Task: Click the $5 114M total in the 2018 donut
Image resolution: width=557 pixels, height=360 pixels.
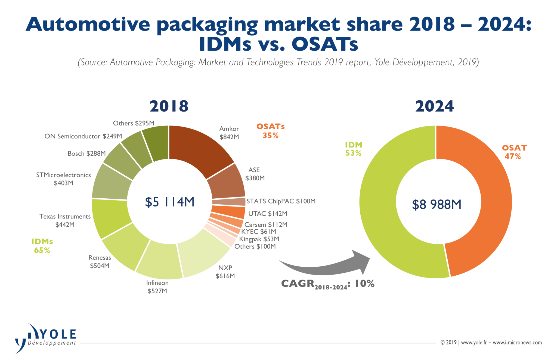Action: tap(169, 202)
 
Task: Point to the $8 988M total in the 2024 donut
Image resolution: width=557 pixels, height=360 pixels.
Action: tap(437, 204)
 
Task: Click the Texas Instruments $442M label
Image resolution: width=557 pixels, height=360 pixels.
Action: tap(65, 220)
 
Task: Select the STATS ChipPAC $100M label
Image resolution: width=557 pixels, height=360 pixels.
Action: tap(281, 201)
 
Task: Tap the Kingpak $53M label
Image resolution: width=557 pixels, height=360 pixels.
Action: tap(259, 239)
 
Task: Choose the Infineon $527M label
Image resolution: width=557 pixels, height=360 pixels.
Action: tap(157, 287)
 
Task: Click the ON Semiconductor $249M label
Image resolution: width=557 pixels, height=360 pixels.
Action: tap(83, 136)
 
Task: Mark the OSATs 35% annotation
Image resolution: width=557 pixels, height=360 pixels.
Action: tap(270, 131)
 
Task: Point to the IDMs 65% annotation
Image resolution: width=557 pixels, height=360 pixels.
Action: tap(42, 246)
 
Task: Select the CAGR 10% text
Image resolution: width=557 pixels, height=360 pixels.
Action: tap(327, 284)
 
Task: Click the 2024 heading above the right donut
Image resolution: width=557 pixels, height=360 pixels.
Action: tap(434, 106)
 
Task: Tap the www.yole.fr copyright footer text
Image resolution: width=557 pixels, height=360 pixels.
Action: tap(491, 343)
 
